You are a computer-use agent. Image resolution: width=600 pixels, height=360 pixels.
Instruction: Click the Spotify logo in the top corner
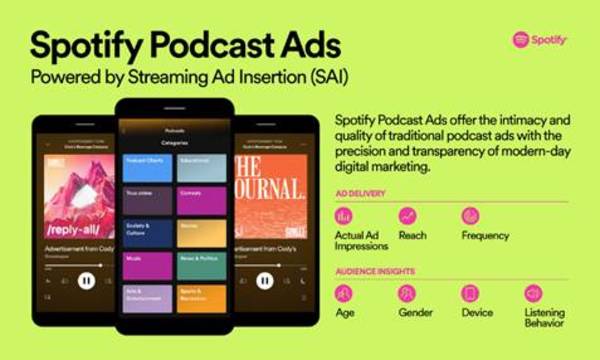540,40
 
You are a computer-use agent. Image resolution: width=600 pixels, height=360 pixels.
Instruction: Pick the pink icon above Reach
407,216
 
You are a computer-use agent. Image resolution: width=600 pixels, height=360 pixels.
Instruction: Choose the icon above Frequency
470,216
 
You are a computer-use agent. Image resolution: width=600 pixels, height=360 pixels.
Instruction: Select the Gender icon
407,293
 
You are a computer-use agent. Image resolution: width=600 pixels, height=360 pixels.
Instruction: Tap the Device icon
470,293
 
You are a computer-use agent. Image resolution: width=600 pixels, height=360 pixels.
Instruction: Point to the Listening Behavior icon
533,293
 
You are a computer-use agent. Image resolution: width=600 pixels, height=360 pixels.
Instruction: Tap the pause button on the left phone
86,281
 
